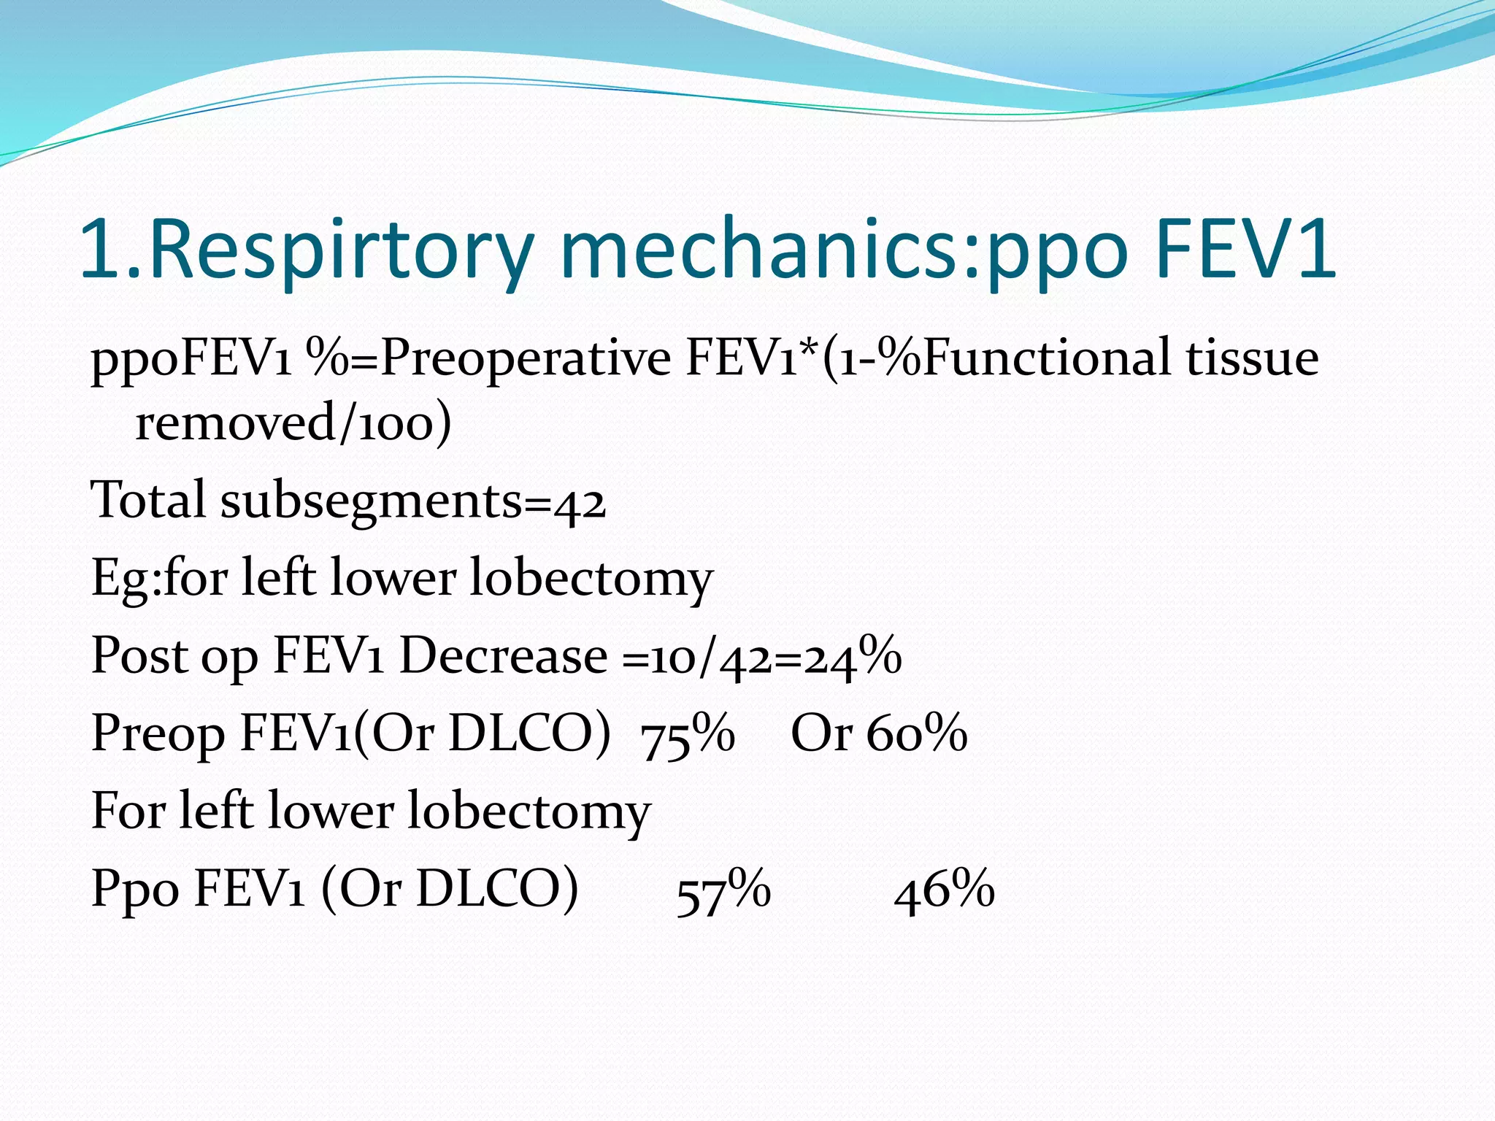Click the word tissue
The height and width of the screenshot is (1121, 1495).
pyautogui.click(x=1252, y=358)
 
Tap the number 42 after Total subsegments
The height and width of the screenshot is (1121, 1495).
pyautogui.click(x=580, y=502)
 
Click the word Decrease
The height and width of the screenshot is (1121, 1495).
pyautogui.click(x=504, y=655)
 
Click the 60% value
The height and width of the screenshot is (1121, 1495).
pyautogui.click(x=917, y=733)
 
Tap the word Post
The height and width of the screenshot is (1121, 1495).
pyautogui.click(x=139, y=655)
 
